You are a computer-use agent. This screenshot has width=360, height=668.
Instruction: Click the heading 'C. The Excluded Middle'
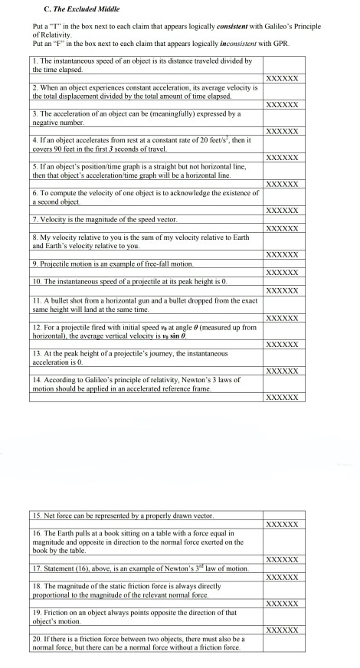80,10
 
